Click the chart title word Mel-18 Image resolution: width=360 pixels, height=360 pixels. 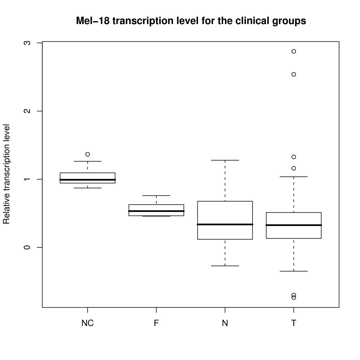[x=93, y=21]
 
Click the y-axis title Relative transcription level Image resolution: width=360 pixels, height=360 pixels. [x=6, y=174]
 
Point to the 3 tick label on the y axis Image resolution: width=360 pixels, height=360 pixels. [x=27, y=43]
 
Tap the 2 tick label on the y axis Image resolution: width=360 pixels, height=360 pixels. [x=27, y=111]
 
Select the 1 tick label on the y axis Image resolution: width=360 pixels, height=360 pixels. [x=27, y=179]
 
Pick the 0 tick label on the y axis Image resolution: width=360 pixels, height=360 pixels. [x=27, y=247]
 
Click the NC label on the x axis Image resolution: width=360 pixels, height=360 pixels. [x=87, y=323]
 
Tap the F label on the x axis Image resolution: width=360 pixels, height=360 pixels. [x=156, y=323]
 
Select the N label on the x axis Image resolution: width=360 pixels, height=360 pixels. [x=225, y=323]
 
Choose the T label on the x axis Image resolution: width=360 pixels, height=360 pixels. [x=294, y=323]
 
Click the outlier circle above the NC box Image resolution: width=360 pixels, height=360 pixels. [x=88, y=154]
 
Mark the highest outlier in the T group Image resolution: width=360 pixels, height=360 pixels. [x=294, y=51]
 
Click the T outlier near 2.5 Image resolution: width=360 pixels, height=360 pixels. [x=294, y=74]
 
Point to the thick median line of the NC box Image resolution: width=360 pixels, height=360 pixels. [x=87, y=180]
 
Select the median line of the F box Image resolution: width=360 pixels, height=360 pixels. [x=156, y=211]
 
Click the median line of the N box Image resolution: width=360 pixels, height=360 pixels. [x=225, y=224]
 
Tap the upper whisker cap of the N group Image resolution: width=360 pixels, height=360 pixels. [x=225, y=160]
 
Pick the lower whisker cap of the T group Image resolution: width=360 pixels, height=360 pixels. [x=294, y=271]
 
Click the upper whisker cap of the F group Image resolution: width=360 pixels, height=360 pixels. [x=156, y=195]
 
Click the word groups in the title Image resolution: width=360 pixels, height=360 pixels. [x=289, y=21]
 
